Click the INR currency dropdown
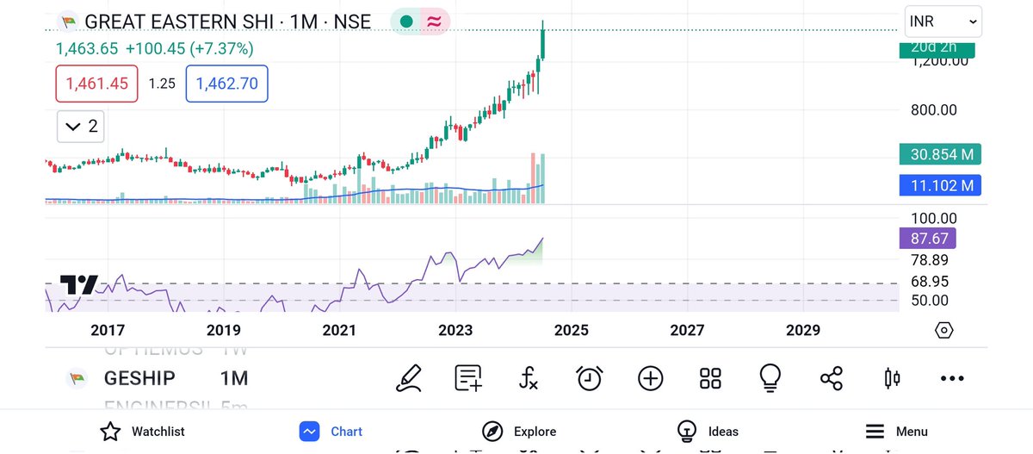click(x=943, y=22)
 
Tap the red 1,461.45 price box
click(x=96, y=84)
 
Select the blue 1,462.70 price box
click(x=228, y=84)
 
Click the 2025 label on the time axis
click(x=571, y=330)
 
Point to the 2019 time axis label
click(x=223, y=330)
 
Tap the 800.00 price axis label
click(x=934, y=110)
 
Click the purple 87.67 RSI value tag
click(x=927, y=239)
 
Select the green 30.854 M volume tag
click(x=941, y=155)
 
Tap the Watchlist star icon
click(x=109, y=432)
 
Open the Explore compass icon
click(x=492, y=432)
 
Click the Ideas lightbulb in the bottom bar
click(x=686, y=431)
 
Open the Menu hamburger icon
click(x=875, y=432)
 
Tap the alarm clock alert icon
click(x=590, y=377)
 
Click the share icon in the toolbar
click(x=832, y=377)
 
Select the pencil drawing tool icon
click(x=409, y=377)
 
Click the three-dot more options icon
click(x=952, y=378)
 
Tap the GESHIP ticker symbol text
click(x=139, y=378)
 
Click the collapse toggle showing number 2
click(x=81, y=127)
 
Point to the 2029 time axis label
click(x=803, y=330)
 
